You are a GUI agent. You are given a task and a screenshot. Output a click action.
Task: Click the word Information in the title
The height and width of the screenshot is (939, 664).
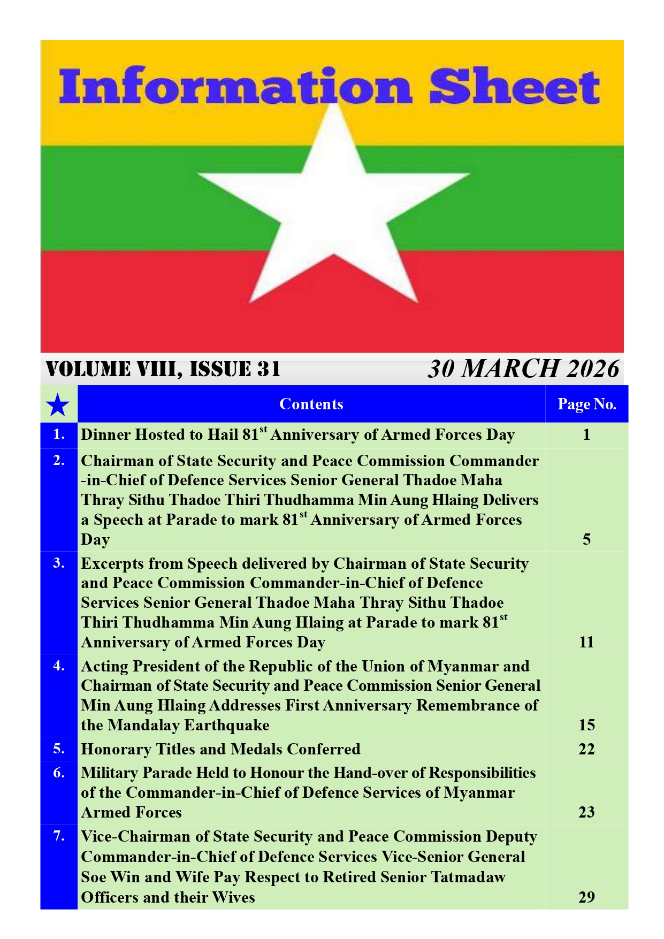coord(235,87)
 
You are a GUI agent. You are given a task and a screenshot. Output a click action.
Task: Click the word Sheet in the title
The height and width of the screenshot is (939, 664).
coord(514,87)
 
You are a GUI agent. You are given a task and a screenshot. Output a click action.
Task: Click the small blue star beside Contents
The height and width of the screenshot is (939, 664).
coord(58,405)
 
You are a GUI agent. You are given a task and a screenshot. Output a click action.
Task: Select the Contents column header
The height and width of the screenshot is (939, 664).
coord(311,404)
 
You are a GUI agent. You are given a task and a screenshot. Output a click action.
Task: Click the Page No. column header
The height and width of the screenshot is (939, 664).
coord(586,404)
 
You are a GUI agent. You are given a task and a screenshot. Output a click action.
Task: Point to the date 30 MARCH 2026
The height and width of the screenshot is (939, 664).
coord(523,369)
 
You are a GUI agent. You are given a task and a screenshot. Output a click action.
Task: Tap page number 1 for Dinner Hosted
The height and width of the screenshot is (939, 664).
coord(586,434)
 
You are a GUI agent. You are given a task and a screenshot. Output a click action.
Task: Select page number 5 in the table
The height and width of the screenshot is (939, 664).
coord(586,539)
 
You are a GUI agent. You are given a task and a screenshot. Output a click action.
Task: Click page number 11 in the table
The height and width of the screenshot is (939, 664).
coord(586,642)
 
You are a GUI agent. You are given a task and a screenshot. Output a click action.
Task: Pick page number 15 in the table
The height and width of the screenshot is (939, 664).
coord(586,725)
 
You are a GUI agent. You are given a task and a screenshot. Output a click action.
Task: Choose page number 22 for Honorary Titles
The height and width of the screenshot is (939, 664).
coord(586,749)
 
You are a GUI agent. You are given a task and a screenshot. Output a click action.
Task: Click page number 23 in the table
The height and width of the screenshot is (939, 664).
coord(586,812)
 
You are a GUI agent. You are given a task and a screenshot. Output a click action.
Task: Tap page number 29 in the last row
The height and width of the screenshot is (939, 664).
coord(586,897)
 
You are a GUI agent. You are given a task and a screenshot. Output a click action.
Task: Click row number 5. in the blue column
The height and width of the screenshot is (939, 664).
coord(59,749)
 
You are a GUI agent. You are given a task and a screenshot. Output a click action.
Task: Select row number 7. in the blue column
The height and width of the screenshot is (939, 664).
coord(59,836)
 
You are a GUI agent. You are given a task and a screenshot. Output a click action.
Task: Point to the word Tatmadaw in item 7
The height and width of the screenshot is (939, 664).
coord(468,877)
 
